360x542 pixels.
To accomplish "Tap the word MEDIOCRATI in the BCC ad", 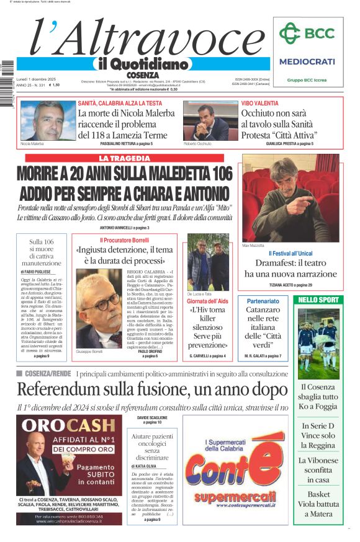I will point(307,61).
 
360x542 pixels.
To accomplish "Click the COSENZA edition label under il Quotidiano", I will point(146,75).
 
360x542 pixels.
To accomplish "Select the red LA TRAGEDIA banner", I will point(124,158).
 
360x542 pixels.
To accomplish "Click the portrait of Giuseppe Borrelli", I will point(99,308).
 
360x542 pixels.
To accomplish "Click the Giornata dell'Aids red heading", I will point(207,301).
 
